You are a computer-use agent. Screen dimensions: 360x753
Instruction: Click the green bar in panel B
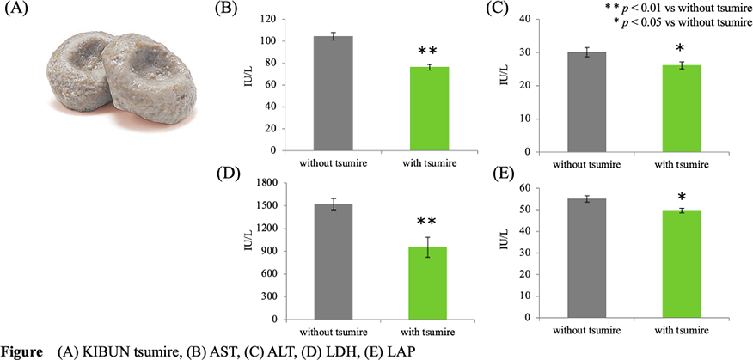[x=423, y=108]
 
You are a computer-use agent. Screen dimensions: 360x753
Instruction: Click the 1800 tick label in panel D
[x=277, y=183]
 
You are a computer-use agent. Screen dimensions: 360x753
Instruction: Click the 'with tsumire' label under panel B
[x=422, y=162]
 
